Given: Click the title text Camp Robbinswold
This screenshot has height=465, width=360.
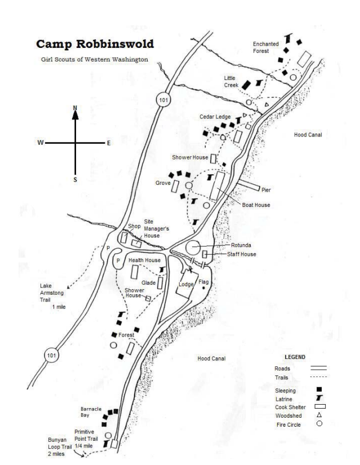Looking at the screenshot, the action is [95, 44].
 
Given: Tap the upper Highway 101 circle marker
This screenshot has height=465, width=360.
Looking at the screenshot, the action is [163, 100].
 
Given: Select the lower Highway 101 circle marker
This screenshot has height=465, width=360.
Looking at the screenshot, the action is [51, 355].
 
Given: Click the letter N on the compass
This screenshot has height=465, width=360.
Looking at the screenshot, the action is [75, 108].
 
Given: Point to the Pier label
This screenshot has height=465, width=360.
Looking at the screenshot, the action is [266, 190].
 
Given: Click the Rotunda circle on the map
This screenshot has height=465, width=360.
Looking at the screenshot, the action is [193, 247].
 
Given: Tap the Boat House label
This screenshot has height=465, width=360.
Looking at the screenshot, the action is [256, 205].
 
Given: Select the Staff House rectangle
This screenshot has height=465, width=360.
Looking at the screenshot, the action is [205, 254].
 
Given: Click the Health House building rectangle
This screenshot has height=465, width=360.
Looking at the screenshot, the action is [134, 272].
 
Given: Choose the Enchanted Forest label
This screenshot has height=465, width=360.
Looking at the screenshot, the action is [266, 47].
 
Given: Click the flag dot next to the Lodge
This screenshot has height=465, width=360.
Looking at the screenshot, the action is [203, 287].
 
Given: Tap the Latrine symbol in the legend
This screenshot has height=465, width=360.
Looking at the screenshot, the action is [319, 398].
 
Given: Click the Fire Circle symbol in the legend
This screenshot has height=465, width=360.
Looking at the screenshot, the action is [319, 423].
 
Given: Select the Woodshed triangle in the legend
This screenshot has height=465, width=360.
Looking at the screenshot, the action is [319, 415].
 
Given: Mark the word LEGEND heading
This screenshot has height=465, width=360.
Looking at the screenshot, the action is [295, 357].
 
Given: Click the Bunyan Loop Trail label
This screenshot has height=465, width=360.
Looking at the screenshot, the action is [60, 446].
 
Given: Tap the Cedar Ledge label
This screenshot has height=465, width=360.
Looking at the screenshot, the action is [215, 117].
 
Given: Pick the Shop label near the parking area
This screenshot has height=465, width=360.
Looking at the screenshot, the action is [134, 226].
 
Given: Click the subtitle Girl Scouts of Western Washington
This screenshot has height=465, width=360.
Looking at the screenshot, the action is [95, 59].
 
